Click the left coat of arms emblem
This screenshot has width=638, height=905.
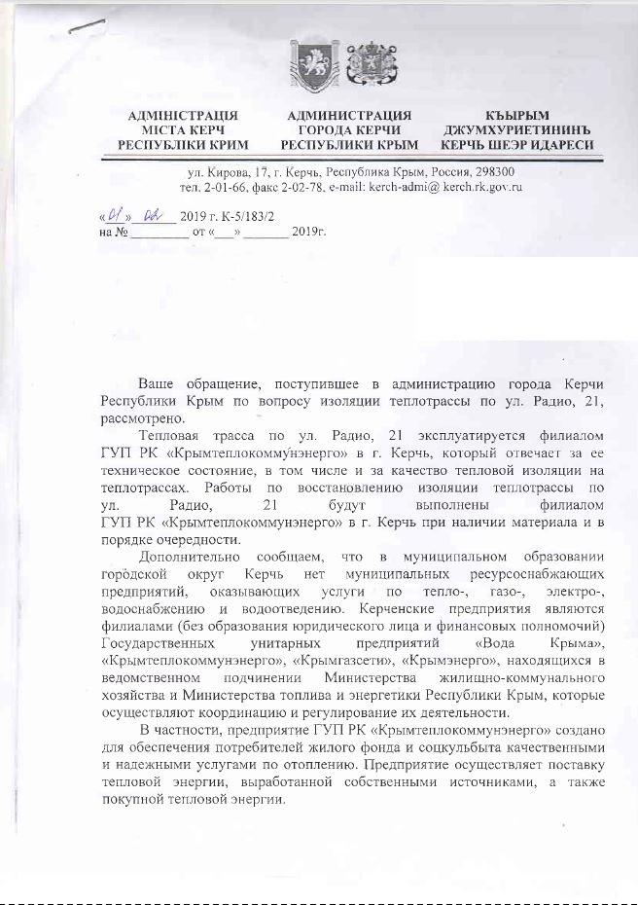tap(308, 65)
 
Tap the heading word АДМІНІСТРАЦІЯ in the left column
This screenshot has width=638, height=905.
tap(182, 116)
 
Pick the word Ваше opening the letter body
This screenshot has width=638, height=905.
tap(158, 384)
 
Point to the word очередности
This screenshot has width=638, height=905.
tap(194, 540)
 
